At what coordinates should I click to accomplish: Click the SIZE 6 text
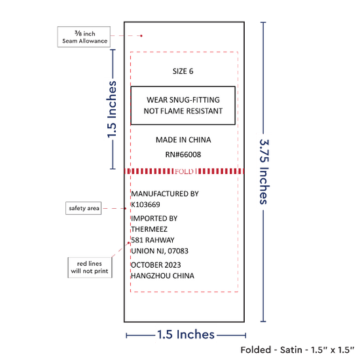pyautogui.click(x=183, y=71)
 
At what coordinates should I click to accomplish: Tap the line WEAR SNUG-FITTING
pyautogui.click(x=183, y=100)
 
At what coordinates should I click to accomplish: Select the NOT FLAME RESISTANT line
pyautogui.click(x=183, y=111)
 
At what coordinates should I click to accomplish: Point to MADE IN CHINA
pyautogui.click(x=183, y=140)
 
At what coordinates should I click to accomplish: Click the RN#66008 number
pyautogui.click(x=183, y=154)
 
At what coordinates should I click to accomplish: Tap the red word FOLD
pyautogui.click(x=184, y=171)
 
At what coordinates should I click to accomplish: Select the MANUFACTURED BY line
pyautogui.click(x=165, y=194)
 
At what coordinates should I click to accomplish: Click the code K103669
pyautogui.click(x=145, y=205)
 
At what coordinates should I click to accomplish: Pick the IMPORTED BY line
pyautogui.click(x=154, y=219)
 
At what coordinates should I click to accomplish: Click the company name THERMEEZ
pyautogui.click(x=149, y=229)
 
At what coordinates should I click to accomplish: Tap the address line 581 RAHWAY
pyautogui.click(x=153, y=240)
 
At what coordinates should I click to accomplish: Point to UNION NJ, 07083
pyautogui.click(x=160, y=251)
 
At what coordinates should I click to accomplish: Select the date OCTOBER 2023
pyautogui.click(x=156, y=265)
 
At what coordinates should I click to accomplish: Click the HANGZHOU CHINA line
pyautogui.click(x=162, y=276)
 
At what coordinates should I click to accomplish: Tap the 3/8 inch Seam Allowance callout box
pyautogui.click(x=84, y=37)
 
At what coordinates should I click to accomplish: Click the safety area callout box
pyautogui.click(x=84, y=208)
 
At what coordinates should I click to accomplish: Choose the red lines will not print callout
pyautogui.click(x=90, y=268)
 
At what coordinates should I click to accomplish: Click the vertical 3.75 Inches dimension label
pyautogui.click(x=264, y=171)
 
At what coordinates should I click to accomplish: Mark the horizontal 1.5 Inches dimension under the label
pyautogui.click(x=186, y=334)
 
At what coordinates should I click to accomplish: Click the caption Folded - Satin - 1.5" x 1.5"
pyautogui.click(x=297, y=350)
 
